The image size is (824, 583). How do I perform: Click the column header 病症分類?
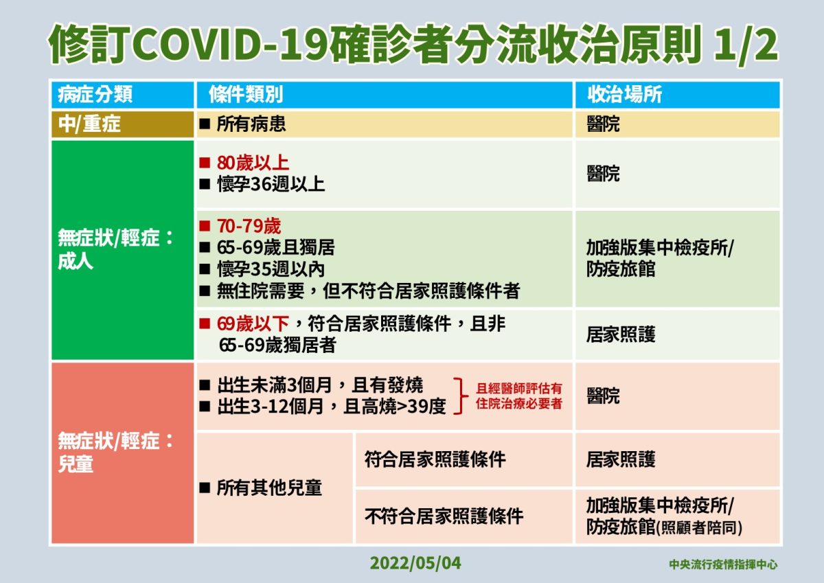point(95,94)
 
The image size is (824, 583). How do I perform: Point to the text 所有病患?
point(251,124)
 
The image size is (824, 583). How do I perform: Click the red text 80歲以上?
point(252,163)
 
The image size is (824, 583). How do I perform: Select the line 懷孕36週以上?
point(270,184)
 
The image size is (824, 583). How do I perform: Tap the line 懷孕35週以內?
point(270,268)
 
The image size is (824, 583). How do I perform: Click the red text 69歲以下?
point(256,323)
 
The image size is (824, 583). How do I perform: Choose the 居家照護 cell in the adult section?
point(621,334)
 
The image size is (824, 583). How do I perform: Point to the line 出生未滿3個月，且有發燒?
point(319,385)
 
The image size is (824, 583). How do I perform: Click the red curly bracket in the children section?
point(459,396)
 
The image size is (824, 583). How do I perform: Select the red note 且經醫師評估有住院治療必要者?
point(519,396)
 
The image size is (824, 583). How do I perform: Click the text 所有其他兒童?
point(268,488)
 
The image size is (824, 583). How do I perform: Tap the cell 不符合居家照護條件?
point(444,516)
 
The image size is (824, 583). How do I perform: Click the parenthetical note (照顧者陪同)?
point(700,528)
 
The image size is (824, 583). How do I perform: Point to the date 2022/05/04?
point(416,564)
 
